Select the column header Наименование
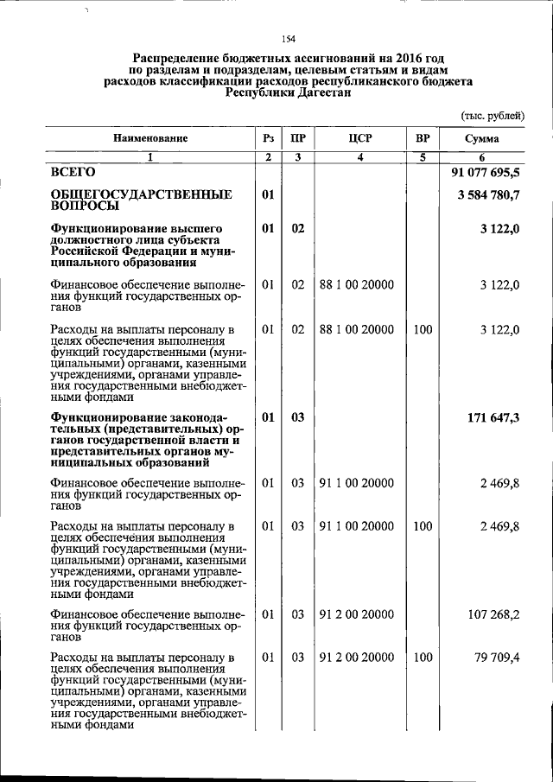[x=149, y=138]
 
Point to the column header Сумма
[x=481, y=138]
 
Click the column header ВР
[x=423, y=138]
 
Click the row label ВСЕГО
[x=73, y=174]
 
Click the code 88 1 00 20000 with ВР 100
[x=356, y=329]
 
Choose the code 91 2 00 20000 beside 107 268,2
[x=356, y=616]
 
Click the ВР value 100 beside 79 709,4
[x=423, y=658]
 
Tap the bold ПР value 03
[x=297, y=417]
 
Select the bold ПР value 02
[x=297, y=228]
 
